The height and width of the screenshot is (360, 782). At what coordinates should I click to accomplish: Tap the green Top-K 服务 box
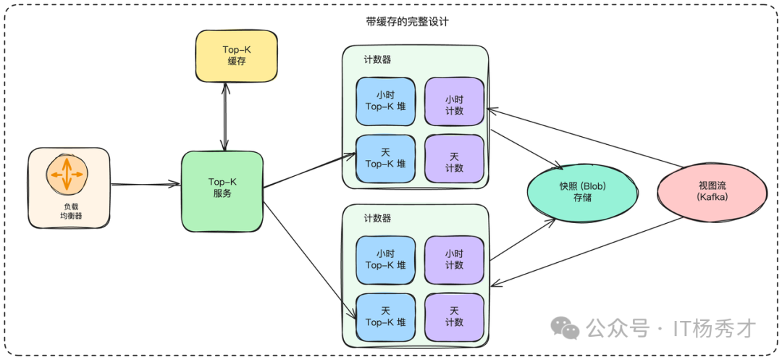point(222,191)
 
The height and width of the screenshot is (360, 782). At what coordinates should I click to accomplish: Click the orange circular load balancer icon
point(67,174)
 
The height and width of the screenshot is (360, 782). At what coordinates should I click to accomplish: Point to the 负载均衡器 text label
point(69,211)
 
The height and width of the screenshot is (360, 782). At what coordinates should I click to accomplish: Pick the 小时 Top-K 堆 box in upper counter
point(385,101)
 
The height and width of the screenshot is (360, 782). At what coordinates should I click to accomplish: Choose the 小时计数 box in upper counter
point(454,101)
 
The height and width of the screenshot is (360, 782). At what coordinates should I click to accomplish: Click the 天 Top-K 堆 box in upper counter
point(385,159)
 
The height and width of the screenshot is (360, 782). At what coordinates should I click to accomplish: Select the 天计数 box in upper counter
point(454,159)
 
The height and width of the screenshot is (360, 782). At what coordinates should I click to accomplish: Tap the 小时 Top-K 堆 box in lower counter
point(385,260)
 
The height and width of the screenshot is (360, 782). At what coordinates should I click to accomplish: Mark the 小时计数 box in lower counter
point(454,260)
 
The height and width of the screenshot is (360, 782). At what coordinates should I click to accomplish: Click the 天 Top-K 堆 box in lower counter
point(385,317)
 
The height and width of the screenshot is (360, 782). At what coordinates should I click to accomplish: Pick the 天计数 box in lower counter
point(454,317)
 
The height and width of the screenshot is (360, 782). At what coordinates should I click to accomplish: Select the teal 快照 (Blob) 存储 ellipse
point(582,191)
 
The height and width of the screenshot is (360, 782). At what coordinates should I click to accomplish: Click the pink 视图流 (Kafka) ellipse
point(711,191)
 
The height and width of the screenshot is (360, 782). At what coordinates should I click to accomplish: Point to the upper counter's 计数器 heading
point(377,59)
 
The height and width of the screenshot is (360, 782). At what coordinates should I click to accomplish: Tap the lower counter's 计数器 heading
point(377,218)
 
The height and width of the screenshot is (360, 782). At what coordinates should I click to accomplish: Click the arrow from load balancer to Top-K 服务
point(145,185)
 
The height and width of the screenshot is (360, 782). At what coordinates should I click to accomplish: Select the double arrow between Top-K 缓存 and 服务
point(227,116)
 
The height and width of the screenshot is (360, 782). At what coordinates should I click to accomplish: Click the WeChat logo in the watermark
point(565,328)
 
